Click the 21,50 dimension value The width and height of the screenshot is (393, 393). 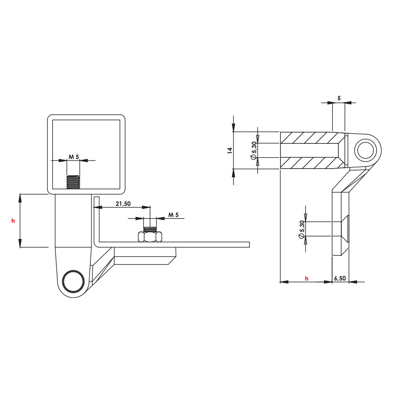point(123,204)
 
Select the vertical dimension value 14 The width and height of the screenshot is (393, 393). point(230,150)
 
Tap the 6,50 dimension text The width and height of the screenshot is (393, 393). point(340,278)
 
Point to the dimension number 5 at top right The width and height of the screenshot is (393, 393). point(339,98)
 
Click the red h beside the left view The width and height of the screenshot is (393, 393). point(13,221)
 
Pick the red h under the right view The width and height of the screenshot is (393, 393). point(307,279)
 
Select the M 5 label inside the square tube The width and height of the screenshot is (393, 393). point(73,157)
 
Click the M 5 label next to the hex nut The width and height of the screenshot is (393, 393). point(173,215)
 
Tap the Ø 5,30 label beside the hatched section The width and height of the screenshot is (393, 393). point(254,150)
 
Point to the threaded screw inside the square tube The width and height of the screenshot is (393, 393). point(73,182)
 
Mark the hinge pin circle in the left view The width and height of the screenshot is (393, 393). point(73,281)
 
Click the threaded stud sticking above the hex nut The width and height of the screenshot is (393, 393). point(150,229)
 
